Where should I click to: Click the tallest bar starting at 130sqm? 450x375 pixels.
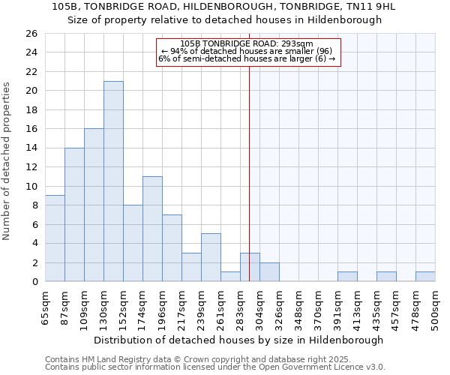click(x=113, y=181)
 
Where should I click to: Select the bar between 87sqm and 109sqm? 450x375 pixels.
click(x=74, y=214)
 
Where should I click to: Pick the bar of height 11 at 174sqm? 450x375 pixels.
click(x=152, y=229)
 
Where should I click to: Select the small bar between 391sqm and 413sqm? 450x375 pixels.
click(x=347, y=277)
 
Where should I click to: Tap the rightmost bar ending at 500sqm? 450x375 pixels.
click(x=425, y=277)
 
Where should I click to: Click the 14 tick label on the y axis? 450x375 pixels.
click(x=31, y=148)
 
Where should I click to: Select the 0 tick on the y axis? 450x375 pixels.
click(x=34, y=282)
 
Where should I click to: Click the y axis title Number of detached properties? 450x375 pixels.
click(x=7, y=161)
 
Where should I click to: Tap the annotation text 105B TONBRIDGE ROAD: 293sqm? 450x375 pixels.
click(x=247, y=43)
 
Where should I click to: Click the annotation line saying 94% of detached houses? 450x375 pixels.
click(x=247, y=51)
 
